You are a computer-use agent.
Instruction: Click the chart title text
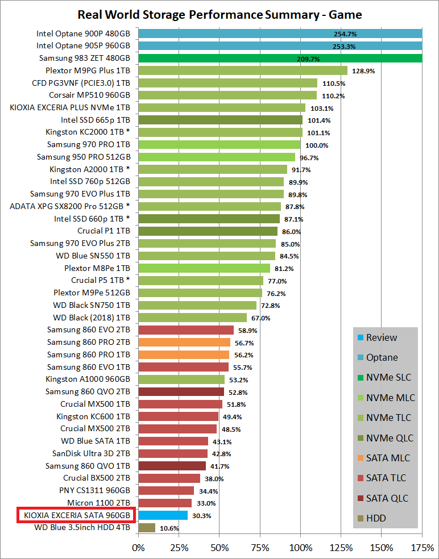219,14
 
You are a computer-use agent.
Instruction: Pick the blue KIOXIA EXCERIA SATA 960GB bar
163,515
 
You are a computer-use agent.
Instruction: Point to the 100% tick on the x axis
301,548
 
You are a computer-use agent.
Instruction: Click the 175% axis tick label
423,548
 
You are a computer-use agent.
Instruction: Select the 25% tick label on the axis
179,548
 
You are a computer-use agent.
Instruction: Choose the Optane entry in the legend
382,357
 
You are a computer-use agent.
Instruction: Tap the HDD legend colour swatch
359,518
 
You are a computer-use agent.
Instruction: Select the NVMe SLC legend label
388,377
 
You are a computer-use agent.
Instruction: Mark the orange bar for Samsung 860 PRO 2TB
184,342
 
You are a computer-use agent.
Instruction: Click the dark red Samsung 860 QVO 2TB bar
181,391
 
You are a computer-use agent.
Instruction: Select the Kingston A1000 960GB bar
181,379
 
